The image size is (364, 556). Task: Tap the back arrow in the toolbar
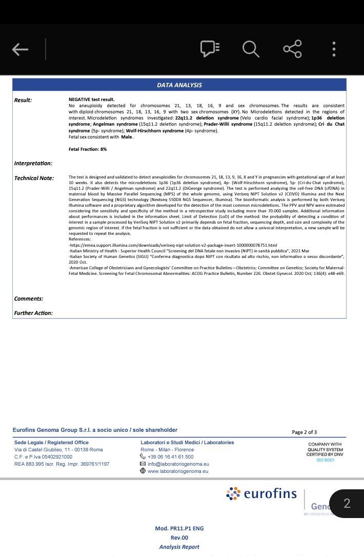point(20,49)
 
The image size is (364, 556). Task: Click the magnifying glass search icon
point(251,49)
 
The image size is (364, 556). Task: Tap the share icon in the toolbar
point(292,49)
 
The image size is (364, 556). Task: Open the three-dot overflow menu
point(334,49)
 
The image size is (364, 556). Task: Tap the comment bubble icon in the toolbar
point(210,49)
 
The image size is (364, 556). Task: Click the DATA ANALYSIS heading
point(179,85)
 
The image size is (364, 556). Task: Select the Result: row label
point(23,100)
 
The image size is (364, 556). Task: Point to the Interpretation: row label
point(33,163)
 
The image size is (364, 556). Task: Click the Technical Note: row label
point(34,178)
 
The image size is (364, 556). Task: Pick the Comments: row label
point(29,299)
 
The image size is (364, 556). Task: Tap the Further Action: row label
point(33,313)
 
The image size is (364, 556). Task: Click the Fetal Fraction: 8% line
point(88,149)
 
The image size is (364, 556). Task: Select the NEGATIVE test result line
point(92,100)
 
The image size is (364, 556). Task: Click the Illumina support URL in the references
point(173,245)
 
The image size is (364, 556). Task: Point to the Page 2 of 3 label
point(304,432)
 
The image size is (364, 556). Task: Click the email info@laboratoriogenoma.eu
point(178,464)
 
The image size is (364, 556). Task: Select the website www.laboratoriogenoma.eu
point(178,471)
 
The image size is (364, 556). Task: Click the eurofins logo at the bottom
point(261,493)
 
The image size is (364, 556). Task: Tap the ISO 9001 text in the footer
point(325,460)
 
